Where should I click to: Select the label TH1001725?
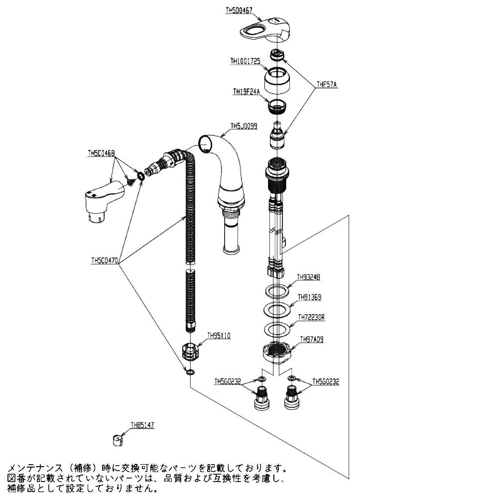click(x=246, y=61)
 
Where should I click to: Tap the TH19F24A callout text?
click(x=247, y=91)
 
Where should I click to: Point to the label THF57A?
click(x=327, y=85)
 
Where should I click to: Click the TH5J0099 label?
click(x=244, y=126)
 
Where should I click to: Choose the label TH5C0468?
click(x=101, y=154)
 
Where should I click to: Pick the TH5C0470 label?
click(x=105, y=260)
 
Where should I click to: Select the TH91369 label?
click(x=309, y=297)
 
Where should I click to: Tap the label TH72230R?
click(x=311, y=317)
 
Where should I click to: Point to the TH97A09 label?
click(x=311, y=340)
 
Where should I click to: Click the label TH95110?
click(x=219, y=336)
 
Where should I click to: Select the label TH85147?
click(x=142, y=425)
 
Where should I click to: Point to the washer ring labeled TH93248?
click(x=275, y=290)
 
